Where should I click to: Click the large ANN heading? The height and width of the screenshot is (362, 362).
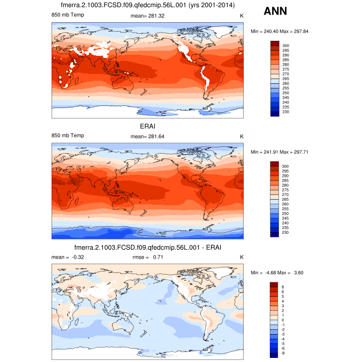click(x=280, y=11)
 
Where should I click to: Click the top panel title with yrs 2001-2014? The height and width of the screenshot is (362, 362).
click(x=147, y=6)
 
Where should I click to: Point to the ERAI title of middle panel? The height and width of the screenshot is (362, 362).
click(x=147, y=126)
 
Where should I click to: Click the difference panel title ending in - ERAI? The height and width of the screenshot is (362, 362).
click(x=147, y=248)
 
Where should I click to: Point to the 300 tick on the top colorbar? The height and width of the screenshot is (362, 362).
click(x=286, y=46)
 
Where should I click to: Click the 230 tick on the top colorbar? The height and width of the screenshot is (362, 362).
click(x=286, y=112)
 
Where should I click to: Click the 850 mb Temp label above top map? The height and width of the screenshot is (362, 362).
click(x=68, y=16)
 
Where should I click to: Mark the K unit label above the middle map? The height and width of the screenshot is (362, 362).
click(x=241, y=135)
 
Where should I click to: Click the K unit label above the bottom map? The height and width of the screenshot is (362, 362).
click(x=241, y=257)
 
